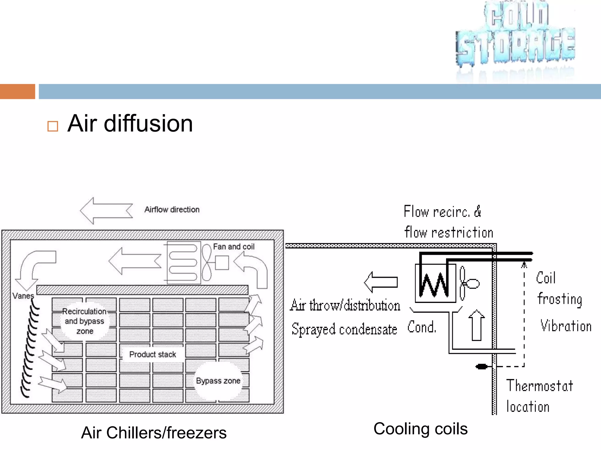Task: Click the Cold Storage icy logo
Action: (x=515, y=35)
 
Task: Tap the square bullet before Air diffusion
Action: (x=53, y=126)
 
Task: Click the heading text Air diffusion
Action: (x=130, y=124)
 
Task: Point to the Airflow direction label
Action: (x=172, y=210)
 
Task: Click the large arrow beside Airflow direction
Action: (x=106, y=211)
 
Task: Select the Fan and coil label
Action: (x=234, y=247)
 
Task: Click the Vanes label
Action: (x=23, y=296)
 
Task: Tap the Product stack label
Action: (x=153, y=354)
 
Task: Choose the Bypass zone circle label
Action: (x=218, y=381)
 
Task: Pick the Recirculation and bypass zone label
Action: (x=85, y=321)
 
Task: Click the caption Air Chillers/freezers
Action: (x=154, y=433)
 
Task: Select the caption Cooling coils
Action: (x=420, y=429)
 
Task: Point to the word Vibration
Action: (x=566, y=326)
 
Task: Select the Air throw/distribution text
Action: (x=345, y=306)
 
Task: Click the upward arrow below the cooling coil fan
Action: (x=476, y=325)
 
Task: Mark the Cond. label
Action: (x=422, y=327)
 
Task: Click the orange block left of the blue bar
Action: (x=18, y=91)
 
